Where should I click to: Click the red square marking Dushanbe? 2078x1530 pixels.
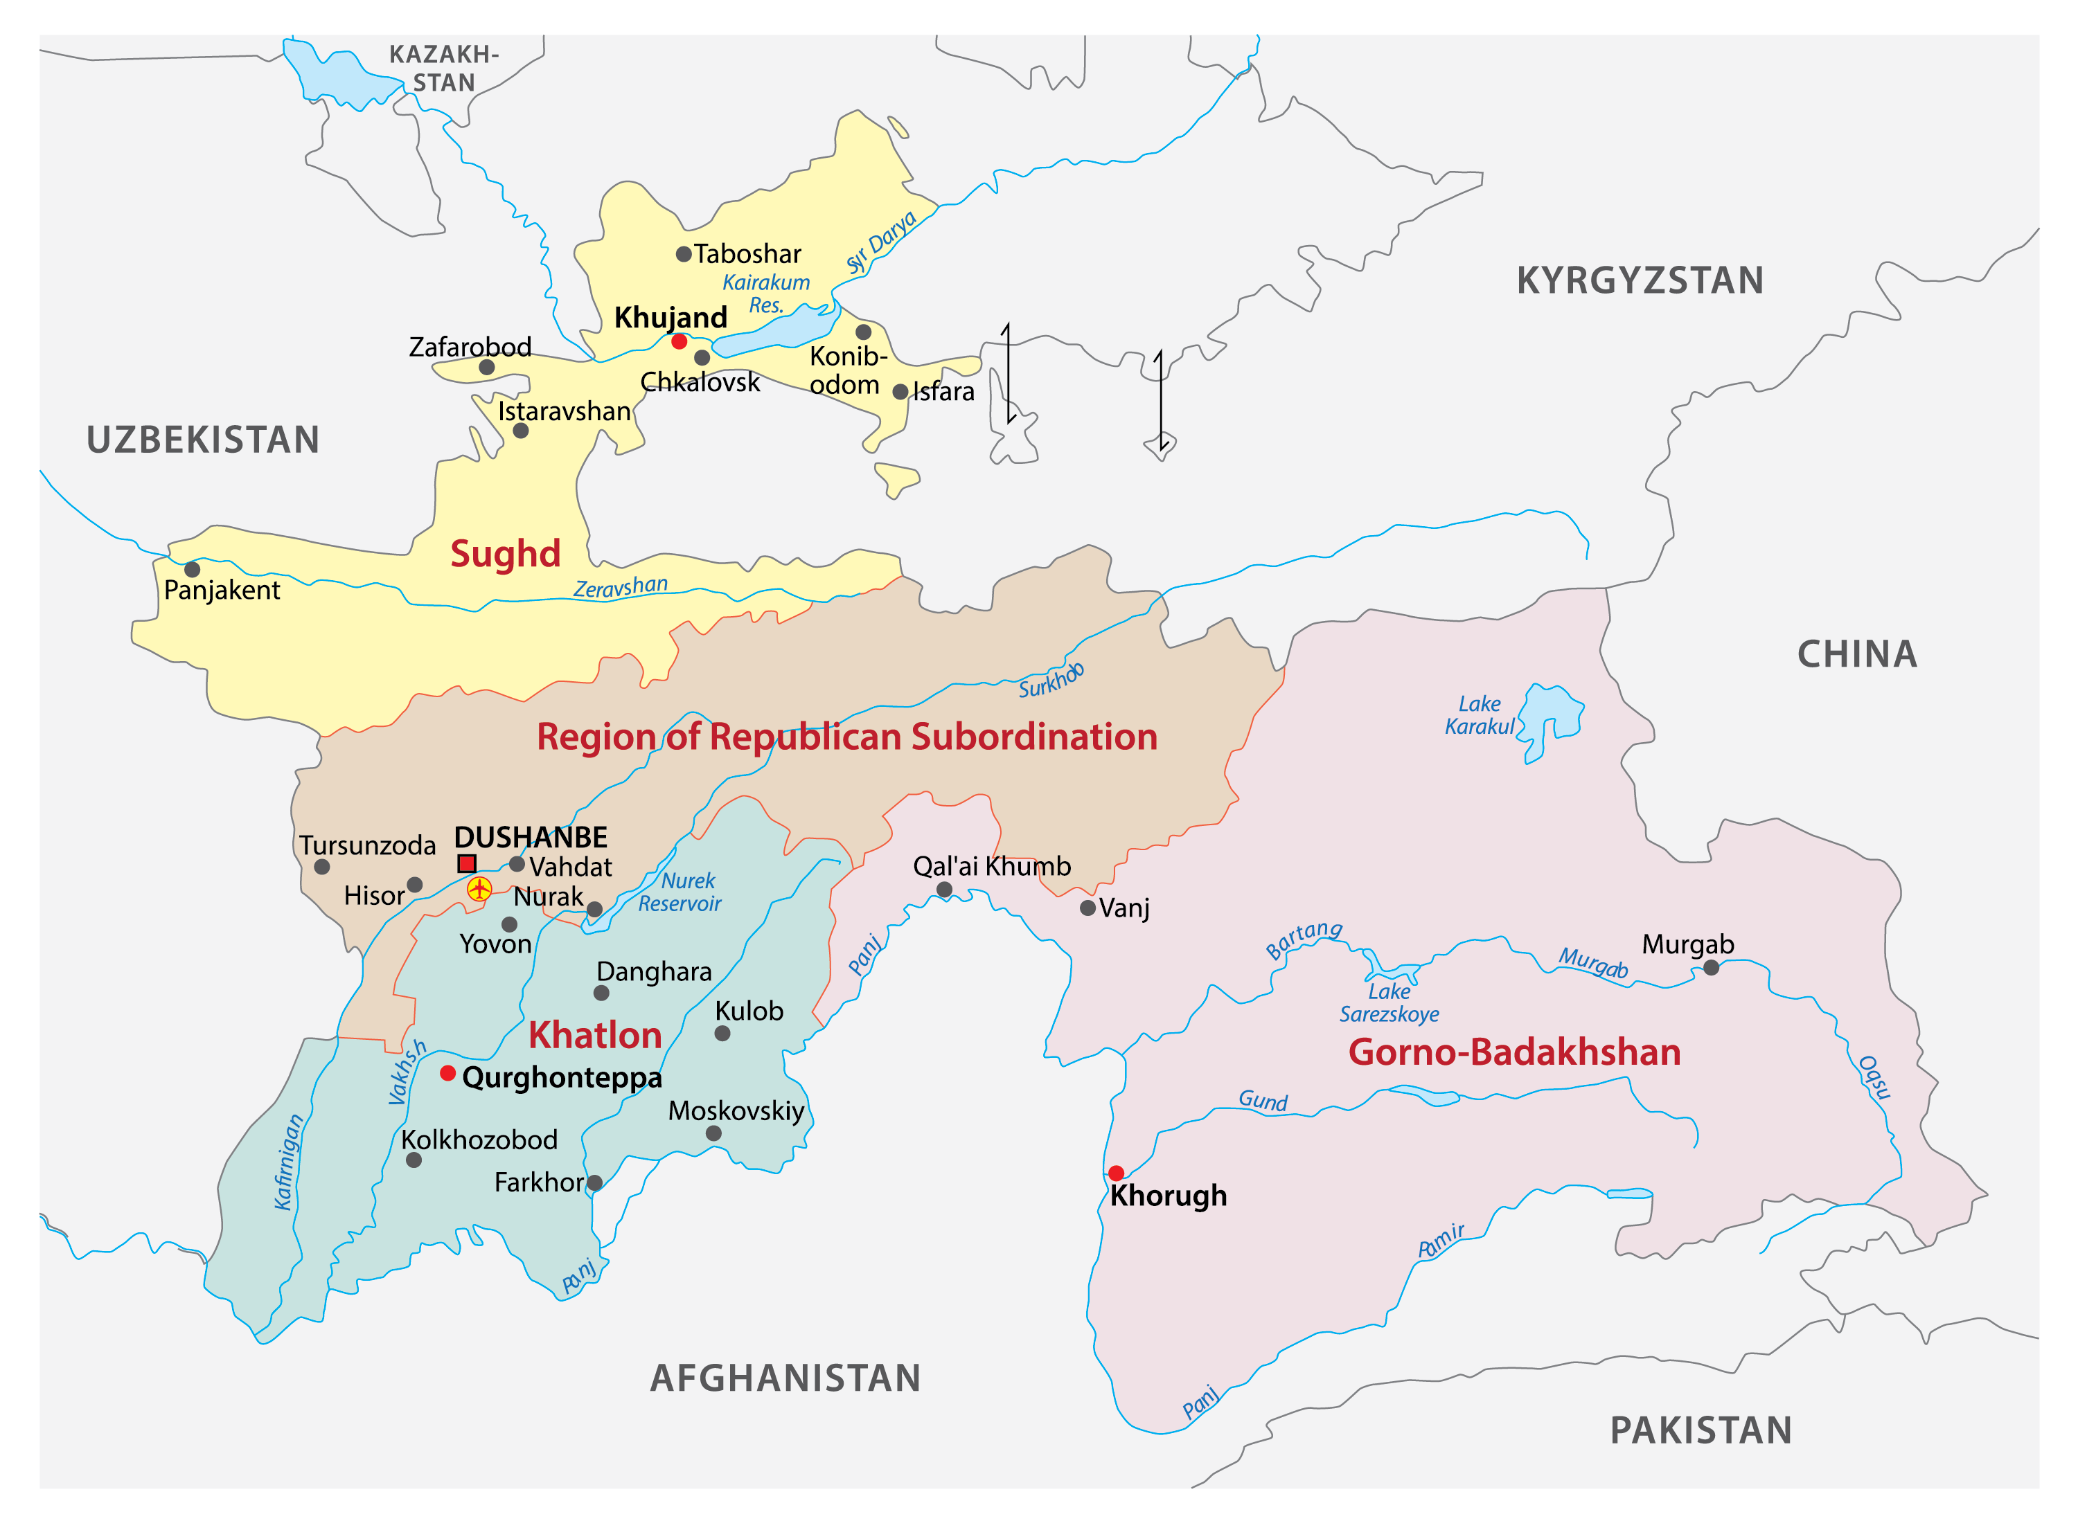point(467,864)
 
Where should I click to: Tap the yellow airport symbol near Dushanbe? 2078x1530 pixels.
point(479,889)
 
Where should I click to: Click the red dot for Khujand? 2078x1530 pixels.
point(679,342)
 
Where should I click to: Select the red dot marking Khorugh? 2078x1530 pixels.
point(1117,1173)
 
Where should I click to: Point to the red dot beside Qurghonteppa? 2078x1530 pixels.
point(447,1073)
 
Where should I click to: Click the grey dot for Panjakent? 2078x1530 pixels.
point(192,570)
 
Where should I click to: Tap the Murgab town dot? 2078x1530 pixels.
point(1711,968)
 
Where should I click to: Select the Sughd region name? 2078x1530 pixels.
point(505,554)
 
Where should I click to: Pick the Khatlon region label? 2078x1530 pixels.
point(595,1036)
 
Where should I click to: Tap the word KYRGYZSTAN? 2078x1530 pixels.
point(1640,280)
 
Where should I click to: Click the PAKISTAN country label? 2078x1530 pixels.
point(1701,1431)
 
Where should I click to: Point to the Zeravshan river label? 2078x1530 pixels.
point(620,587)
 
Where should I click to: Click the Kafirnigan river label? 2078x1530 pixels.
point(289,1162)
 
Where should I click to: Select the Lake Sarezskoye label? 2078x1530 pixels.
point(1389,1003)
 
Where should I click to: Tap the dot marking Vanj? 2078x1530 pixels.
point(1087,908)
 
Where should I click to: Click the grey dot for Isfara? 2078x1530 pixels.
point(900,392)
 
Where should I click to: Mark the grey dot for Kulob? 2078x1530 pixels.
point(722,1034)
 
